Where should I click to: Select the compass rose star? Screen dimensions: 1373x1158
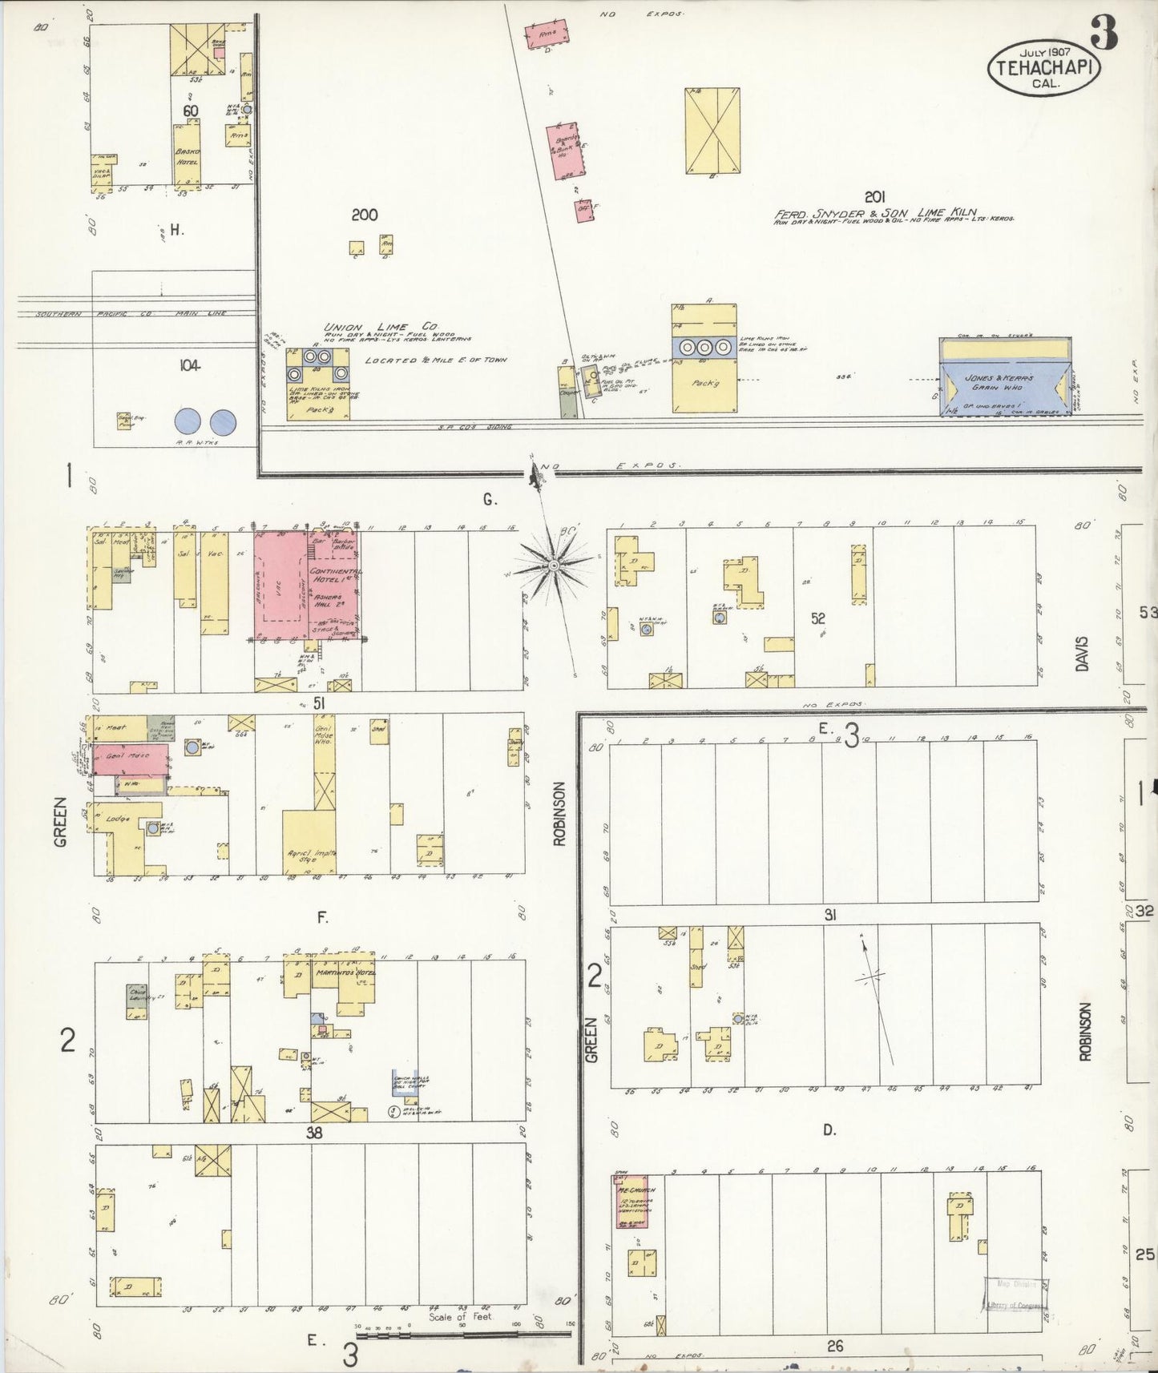point(553,566)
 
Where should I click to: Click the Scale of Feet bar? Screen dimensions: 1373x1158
point(465,1334)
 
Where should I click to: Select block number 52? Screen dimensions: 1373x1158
point(817,618)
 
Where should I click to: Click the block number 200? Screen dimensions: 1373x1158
point(364,215)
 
